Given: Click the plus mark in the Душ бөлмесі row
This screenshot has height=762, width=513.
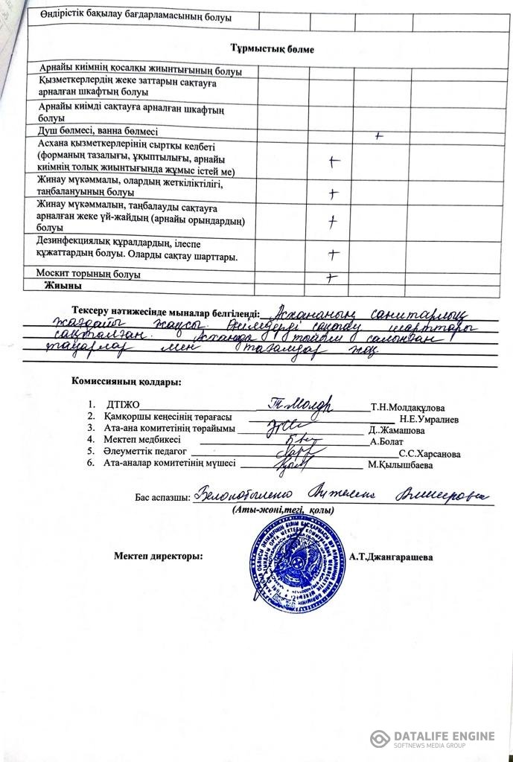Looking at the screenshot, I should coord(380,136).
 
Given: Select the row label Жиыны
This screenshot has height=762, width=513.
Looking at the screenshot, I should coord(62,286).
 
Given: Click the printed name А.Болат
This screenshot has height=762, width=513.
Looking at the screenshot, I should coord(387,441).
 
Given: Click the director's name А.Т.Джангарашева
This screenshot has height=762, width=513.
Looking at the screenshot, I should coord(392,557).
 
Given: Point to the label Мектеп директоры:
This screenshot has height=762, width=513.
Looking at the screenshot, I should coord(158,556).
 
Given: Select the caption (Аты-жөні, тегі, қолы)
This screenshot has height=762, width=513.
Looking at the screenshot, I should coord(282,510).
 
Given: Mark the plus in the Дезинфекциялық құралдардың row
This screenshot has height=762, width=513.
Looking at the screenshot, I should coord(332,254).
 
